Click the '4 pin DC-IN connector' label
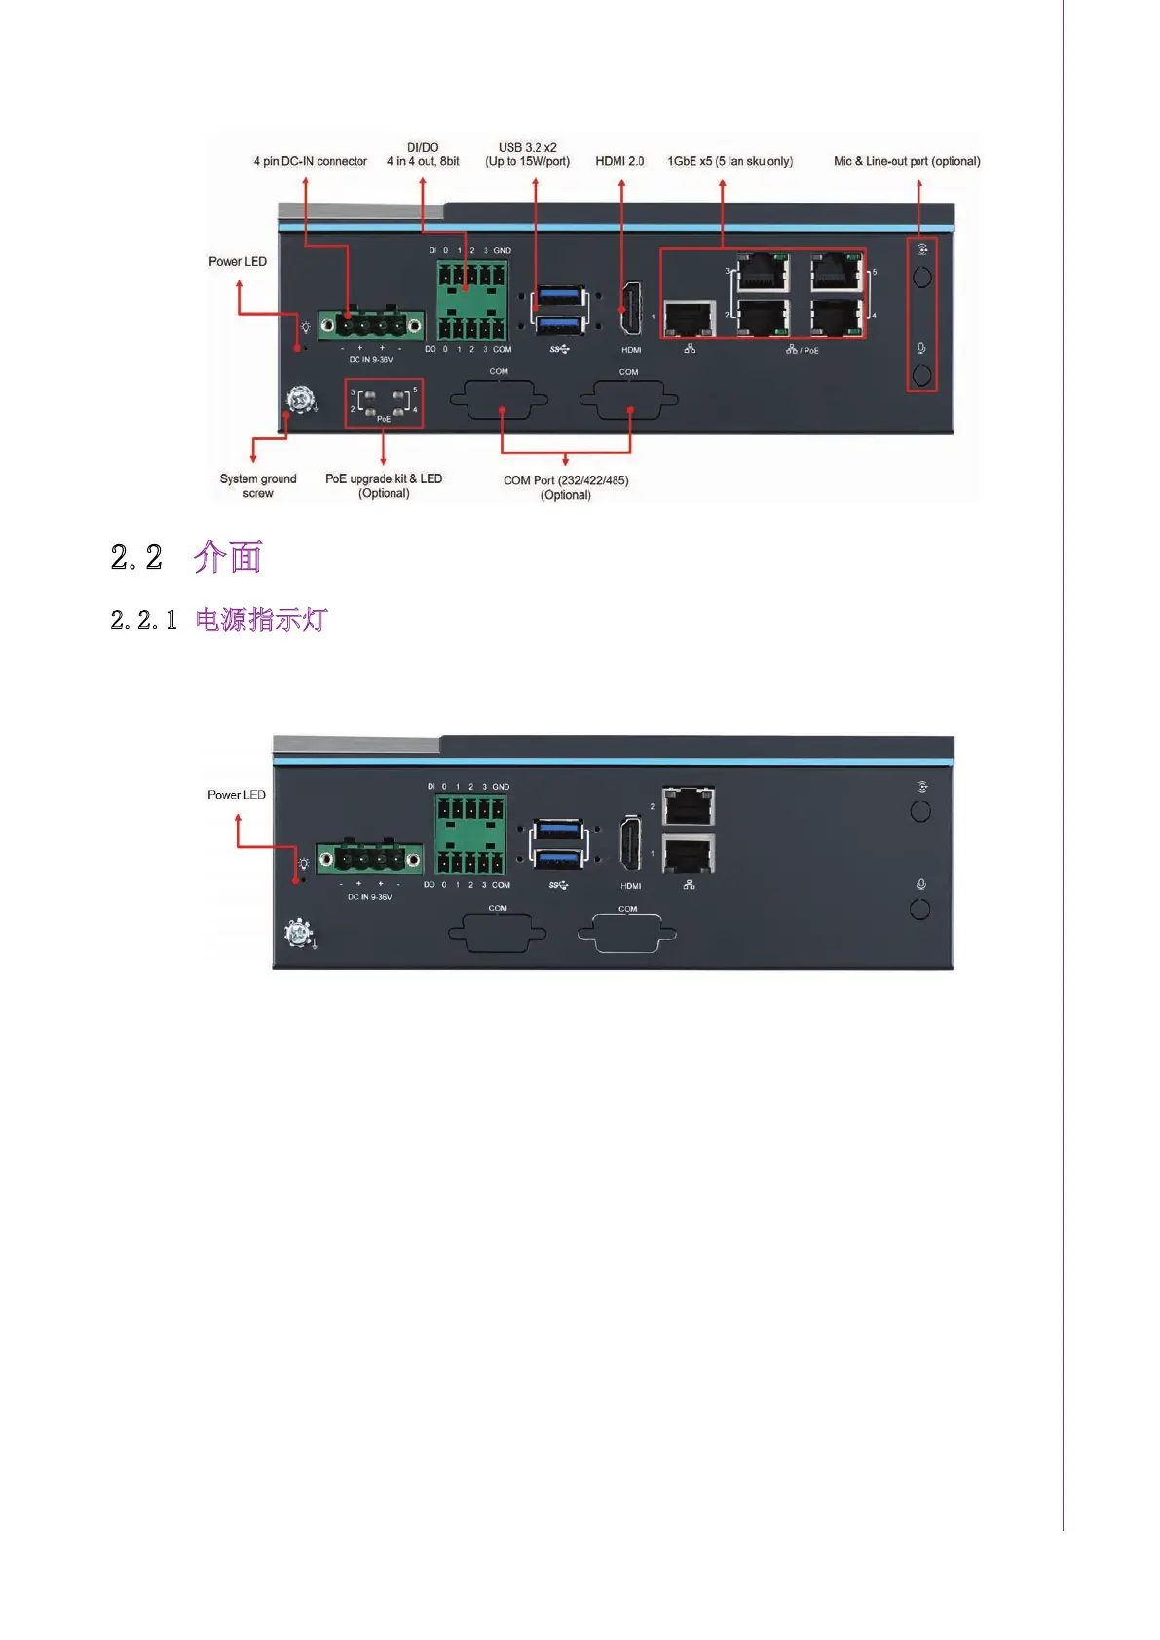[310, 161]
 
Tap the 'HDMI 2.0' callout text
[619, 161]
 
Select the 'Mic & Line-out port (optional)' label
[906, 161]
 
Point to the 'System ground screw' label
[258, 485]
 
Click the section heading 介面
[228, 557]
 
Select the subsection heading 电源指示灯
[261, 619]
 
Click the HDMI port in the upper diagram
[631, 309]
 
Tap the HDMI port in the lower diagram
[631, 843]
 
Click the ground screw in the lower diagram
[298, 933]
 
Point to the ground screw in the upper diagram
[300, 399]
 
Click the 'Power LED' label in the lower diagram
[237, 795]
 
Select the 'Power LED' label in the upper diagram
[238, 261]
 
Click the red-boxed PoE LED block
[384, 402]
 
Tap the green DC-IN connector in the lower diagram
[369, 858]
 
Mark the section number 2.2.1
[144, 620]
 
